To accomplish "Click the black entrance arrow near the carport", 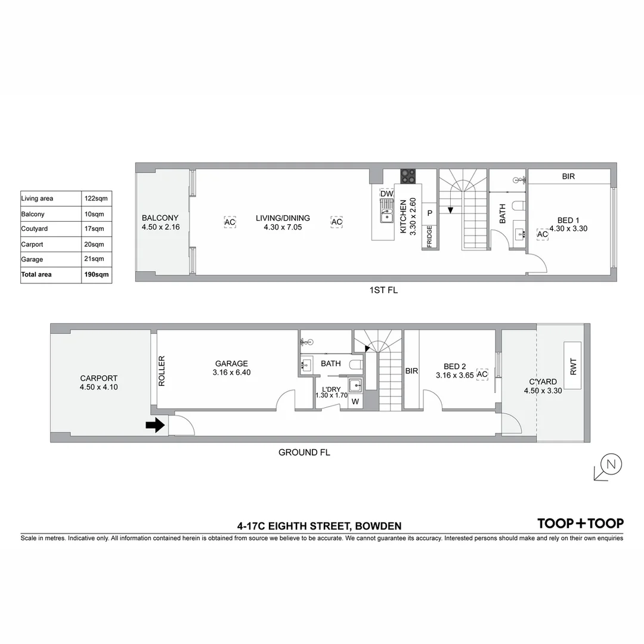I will pyautogui.click(x=156, y=425).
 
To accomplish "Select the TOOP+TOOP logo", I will pyautogui.click(x=580, y=524).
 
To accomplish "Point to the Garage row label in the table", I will pyautogui.click(x=32, y=259).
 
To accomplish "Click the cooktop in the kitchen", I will pyautogui.click(x=408, y=176).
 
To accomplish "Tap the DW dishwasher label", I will pyautogui.click(x=386, y=194).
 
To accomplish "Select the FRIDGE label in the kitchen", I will pyautogui.click(x=429, y=236).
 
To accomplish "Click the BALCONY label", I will pyautogui.click(x=160, y=218).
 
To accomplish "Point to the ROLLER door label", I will pyautogui.click(x=162, y=371).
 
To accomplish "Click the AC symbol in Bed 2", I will pyautogui.click(x=482, y=374).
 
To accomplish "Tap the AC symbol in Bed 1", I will pyautogui.click(x=542, y=234).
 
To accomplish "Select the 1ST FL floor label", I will pyautogui.click(x=383, y=290).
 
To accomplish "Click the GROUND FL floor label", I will pyautogui.click(x=304, y=453).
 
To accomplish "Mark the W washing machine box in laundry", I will pyautogui.click(x=355, y=401).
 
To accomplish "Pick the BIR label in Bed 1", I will pyautogui.click(x=568, y=177).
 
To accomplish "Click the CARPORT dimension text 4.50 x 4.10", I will pyautogui.click(x=99, y=387).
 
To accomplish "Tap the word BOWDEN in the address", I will pyautogui.click(x=378, y=526).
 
